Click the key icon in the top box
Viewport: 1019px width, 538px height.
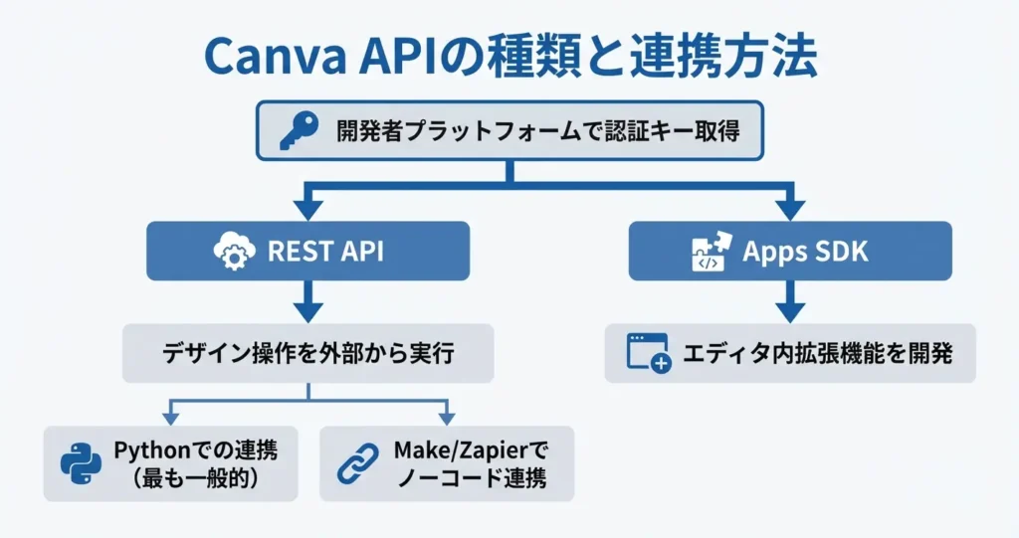(298, 130)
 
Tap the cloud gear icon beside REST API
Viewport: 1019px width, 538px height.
(235, 251)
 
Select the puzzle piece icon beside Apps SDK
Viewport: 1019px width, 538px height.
(711, 252)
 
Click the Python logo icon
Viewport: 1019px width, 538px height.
(81, 463)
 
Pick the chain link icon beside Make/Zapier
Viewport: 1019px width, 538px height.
(357, 463)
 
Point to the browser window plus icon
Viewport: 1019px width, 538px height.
(648, 352)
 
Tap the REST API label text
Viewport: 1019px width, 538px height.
(325, 251)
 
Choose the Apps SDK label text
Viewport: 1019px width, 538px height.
(805, 251)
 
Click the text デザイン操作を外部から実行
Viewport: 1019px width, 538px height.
(307, 352)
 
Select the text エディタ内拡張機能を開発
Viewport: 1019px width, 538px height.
(817, 352)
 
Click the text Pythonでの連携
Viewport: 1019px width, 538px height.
(195, 449)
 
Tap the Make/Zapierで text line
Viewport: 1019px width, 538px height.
(471, 449)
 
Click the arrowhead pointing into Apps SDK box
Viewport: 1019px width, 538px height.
(790, 208)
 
